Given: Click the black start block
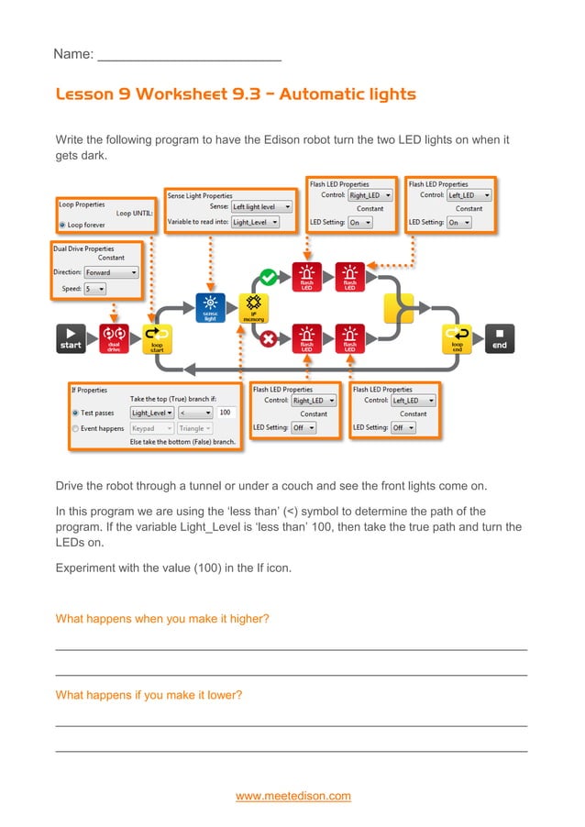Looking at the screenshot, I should (72, 338).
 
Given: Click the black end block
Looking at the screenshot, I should (500, 338).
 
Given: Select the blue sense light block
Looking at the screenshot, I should (210, 309).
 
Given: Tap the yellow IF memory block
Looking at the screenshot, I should (253, 309).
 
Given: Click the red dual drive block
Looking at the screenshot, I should (115, 338).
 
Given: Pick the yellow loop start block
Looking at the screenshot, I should (157, 338).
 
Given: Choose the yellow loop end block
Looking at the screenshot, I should (457, 338).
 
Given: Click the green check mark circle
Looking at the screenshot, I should (268, 275).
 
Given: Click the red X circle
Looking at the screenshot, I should (268, 337).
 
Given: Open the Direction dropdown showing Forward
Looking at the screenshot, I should (111, 272).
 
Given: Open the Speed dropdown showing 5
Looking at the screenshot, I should (95, 288).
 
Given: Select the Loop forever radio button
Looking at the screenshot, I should (62, 224).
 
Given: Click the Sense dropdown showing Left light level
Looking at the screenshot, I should (261, 207).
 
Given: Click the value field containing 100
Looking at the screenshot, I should (226, 413).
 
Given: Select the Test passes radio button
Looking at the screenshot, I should (75, 413).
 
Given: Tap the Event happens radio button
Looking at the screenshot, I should (75, 428).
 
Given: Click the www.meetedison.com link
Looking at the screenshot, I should (292, 796).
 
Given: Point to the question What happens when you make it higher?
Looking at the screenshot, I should (162, 619).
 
